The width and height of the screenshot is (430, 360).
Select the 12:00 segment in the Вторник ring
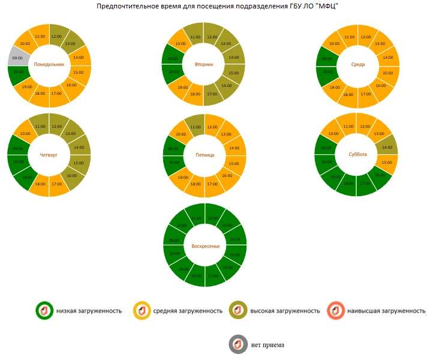(x=212, y=37)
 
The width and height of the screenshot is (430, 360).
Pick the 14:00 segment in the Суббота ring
(x=387, y=146)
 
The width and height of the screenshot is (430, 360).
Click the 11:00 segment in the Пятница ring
(x=196, y=127)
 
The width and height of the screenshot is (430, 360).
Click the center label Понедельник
(x=49, y=64)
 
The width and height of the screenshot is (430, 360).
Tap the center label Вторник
(x=204, y=64)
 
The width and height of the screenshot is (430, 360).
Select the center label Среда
(x=359, y=64)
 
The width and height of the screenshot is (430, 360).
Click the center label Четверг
(x=49, y=154)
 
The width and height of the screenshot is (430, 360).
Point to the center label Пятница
(x=205, y=154)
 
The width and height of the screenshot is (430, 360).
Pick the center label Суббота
(x=358, y=154)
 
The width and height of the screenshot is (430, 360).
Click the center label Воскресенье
(x=206, y=246)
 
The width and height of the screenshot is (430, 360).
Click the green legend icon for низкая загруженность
(x=44, y=310)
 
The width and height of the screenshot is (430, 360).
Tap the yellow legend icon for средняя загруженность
(x=142, y=310)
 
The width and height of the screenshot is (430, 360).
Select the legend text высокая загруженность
(x=285, y=311)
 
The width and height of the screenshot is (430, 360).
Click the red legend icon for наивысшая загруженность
(x=336, y=310)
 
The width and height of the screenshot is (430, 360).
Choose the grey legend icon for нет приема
(x=238, y=345)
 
